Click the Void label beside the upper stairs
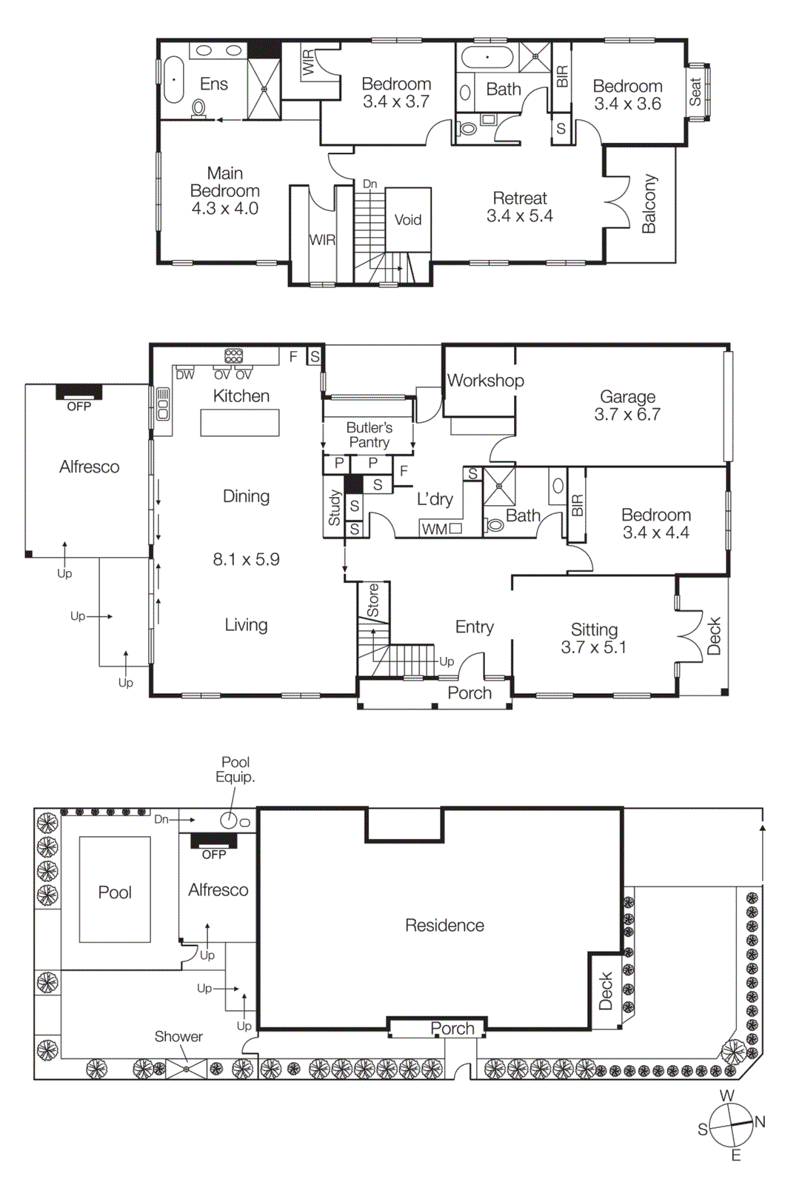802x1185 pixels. click(x=407, y=220)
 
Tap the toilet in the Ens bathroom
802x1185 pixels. click(x=198, y=109)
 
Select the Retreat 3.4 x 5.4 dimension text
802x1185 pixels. click(x=519, y=216)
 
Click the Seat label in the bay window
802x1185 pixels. click(x=695, y=92)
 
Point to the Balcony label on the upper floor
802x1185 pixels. click(x=649, y=204)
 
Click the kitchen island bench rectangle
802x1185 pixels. click(x=240, y=423)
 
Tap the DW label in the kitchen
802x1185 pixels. click(x=184, y=375)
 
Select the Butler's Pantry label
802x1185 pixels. click(x=369, y=435)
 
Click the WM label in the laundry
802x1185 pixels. click(x=434, y=529)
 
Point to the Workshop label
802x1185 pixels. click(x=485, y=381)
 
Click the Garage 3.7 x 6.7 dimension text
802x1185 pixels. click(x=627, y=415)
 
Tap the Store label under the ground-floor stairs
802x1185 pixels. click(x=373, y=601)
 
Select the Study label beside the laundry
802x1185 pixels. click(x=334, y=508)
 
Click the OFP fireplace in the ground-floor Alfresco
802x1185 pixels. click(x=79, y=393)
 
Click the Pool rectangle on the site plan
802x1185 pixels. click(x=115, y=889)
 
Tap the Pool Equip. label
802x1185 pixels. click(x=235, y=770)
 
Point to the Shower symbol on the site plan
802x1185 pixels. click(x=186, y=1069)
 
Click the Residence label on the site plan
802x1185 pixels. click(x=444, y=925)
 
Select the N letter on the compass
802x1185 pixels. click(x=760, y=1121)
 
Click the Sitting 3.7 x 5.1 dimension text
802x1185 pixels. click(x=593, y=647)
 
